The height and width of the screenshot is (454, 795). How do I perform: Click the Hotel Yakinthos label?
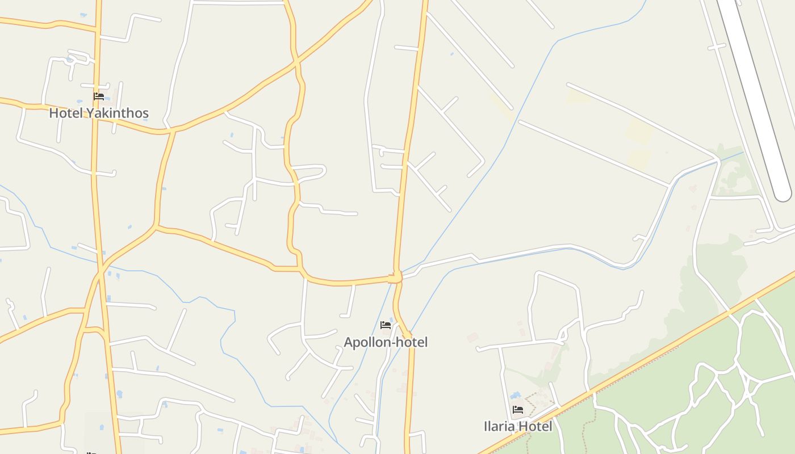click(99, 113)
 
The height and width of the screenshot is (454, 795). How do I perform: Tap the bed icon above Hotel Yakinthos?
click(99, 96)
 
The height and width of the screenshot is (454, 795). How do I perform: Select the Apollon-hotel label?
click(386, 342)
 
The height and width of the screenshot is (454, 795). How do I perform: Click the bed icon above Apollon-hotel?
click(386, 325)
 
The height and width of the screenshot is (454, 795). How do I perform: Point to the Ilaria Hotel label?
click(517, 426)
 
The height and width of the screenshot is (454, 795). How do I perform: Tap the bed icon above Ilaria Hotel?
click(517, 409)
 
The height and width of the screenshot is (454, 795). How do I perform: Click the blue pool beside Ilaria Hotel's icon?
click(516, 395)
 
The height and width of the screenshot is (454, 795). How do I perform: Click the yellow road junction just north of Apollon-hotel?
click(395, 278)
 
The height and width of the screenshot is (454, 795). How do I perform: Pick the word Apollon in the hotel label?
click(365, 342)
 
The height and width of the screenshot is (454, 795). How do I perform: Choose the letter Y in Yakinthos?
click(89, 113)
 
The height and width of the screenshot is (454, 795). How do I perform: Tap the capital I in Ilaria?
click(486, 426)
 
